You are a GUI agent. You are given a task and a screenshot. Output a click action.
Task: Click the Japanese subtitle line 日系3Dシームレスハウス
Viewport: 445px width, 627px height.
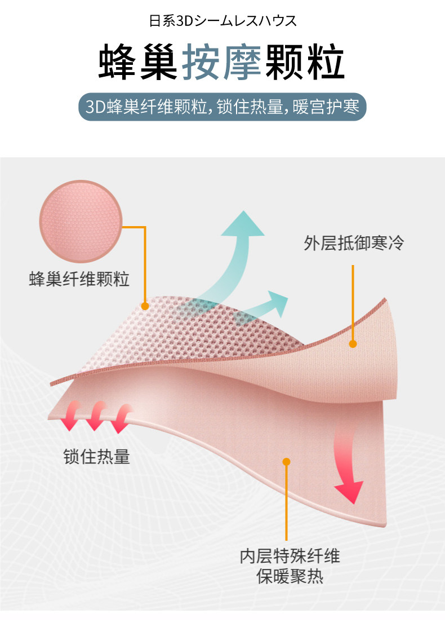[222, 22]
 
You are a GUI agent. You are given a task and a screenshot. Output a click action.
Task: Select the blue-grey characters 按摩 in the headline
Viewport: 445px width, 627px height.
[221, 63]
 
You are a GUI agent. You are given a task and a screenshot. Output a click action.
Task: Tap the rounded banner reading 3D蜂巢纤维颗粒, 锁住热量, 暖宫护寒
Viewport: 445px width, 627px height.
[222, 106]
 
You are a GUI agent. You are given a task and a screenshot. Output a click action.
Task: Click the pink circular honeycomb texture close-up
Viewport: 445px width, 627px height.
[81, 222]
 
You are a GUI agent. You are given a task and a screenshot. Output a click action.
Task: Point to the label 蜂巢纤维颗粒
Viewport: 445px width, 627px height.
[79, 279]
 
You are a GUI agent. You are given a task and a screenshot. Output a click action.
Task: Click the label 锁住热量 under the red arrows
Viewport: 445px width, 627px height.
[96, 456]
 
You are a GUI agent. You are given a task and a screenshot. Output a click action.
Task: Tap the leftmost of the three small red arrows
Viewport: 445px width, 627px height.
[71, 416]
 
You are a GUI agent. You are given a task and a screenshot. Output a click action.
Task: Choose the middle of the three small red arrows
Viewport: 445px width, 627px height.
[96, 416]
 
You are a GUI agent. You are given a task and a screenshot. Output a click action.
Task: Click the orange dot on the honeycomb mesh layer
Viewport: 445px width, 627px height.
[145, 306]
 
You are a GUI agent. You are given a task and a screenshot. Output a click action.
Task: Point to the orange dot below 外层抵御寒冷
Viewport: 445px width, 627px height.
[353, 343]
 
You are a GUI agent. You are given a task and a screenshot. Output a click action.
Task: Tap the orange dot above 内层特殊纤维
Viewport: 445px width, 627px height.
[286, 462]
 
